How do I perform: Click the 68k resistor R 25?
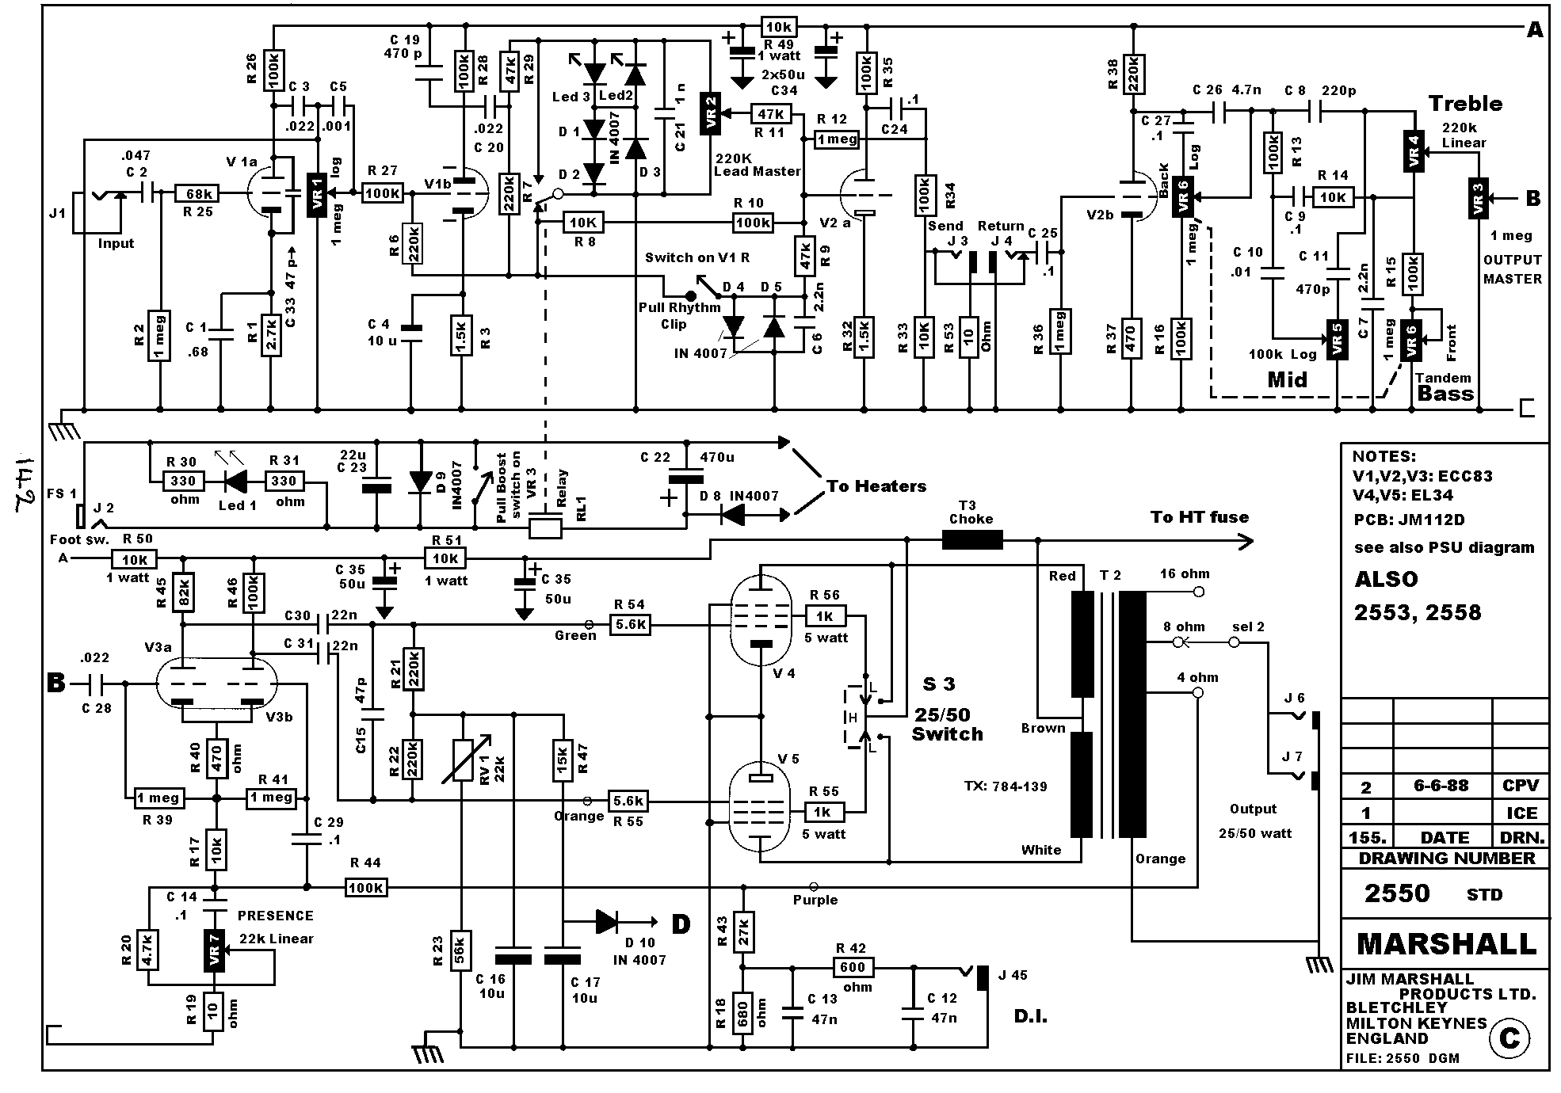[x=197, y=193]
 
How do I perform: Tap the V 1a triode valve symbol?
[x=270, y=192]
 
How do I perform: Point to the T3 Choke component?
[x=971, y=541]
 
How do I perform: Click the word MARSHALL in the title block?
[x=1445, y=943]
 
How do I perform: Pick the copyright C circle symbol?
[x=1509, y=1038]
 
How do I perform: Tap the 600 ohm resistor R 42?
[x=853, y=967]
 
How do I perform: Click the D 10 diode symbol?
[x=607, y=921]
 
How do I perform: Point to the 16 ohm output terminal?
[x=1197, y=592]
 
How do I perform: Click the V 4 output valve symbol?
[x=759, y=620]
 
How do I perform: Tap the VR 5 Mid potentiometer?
[x=1338, y=340]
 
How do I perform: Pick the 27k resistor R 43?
[x=742, y=931]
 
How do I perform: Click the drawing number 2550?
[x=1396, y=893]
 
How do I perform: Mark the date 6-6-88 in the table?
[x=1441, y=786]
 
